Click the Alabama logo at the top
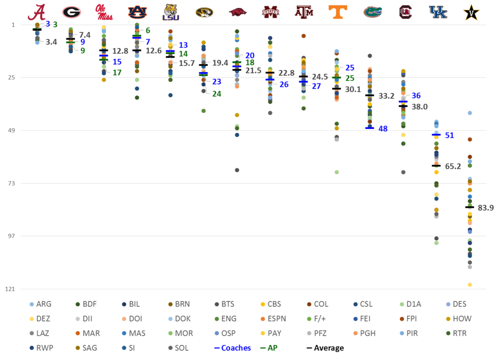click(37, 12)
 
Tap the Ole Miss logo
click(104, 13)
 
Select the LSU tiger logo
click(170, 12)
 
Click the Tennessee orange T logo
click(337, 12)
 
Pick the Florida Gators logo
click(370, 12)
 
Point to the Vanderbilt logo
click(469, 13)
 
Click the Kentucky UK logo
click(437, 12)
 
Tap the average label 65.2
click(452, 166)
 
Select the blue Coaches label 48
click(383, 129)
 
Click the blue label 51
click(449, 135)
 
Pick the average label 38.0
click(419, 107)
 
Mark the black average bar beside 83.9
click(469, 207)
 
